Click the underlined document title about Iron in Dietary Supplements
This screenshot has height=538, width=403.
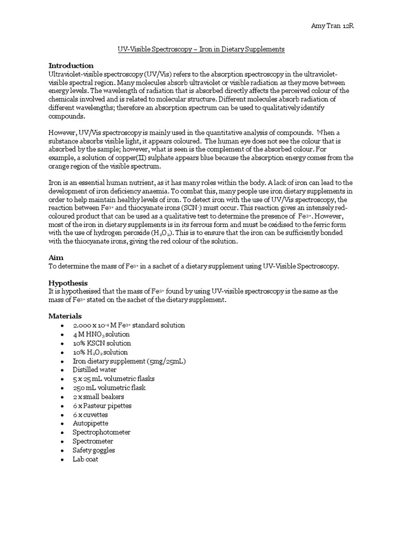pos(201,49)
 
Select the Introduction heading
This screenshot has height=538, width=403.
pos(71,66)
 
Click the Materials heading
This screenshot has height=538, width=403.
pos(65,316)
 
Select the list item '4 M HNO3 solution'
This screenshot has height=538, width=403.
pos(101,334)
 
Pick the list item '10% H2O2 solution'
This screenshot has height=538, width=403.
pos(100,352)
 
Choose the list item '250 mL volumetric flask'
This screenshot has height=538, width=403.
pos(109,388)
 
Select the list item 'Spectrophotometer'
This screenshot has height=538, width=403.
pos(102,432)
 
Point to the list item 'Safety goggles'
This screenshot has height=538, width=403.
pos(94,450)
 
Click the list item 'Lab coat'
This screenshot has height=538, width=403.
pos(86,459)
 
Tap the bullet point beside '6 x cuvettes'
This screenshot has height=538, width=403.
pos(62,415)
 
